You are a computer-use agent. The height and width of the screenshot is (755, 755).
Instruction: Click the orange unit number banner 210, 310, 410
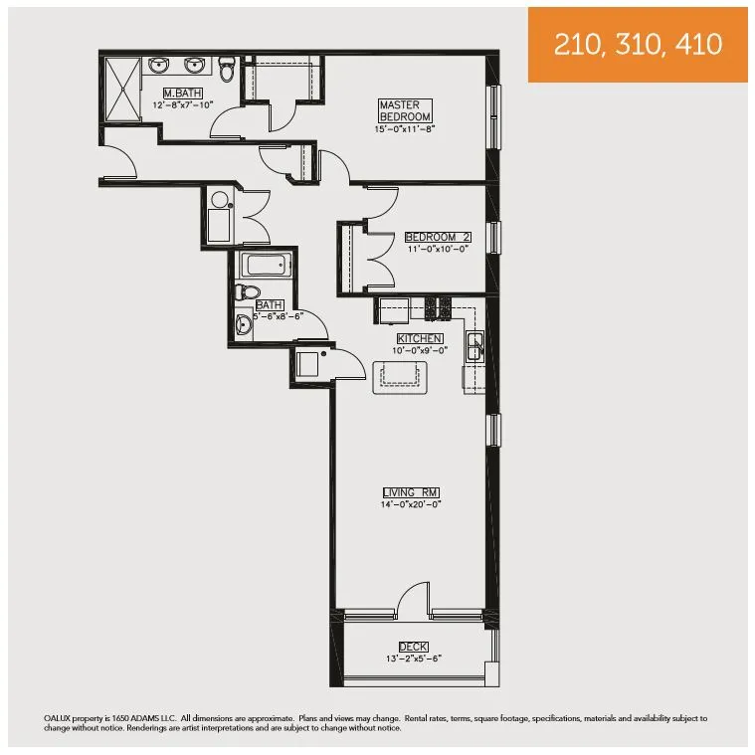[x=638, y=45]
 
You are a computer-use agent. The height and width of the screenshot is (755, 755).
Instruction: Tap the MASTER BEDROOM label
[x=404, y=110]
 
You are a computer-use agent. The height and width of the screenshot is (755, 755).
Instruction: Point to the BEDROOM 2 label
[x=437, y=238]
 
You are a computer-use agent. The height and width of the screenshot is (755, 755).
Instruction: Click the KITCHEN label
[x=419, y=338]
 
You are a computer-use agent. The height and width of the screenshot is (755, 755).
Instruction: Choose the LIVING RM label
[x=411, y=492]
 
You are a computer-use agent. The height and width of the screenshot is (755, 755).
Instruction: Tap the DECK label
[x=413, y=647]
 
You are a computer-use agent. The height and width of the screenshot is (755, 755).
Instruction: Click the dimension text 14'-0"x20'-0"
[x=411, y=504]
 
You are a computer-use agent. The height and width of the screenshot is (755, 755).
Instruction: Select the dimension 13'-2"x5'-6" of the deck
[x=413, y=659]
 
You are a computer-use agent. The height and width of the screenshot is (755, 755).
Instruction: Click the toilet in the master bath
[x=227, y=71]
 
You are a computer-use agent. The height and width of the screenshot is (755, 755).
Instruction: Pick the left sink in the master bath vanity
[x=159, y=67]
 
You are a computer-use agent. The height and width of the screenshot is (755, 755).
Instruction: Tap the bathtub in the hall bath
[x=265, y=266]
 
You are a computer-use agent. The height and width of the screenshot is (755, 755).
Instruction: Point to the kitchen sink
[x=476, y=346]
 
